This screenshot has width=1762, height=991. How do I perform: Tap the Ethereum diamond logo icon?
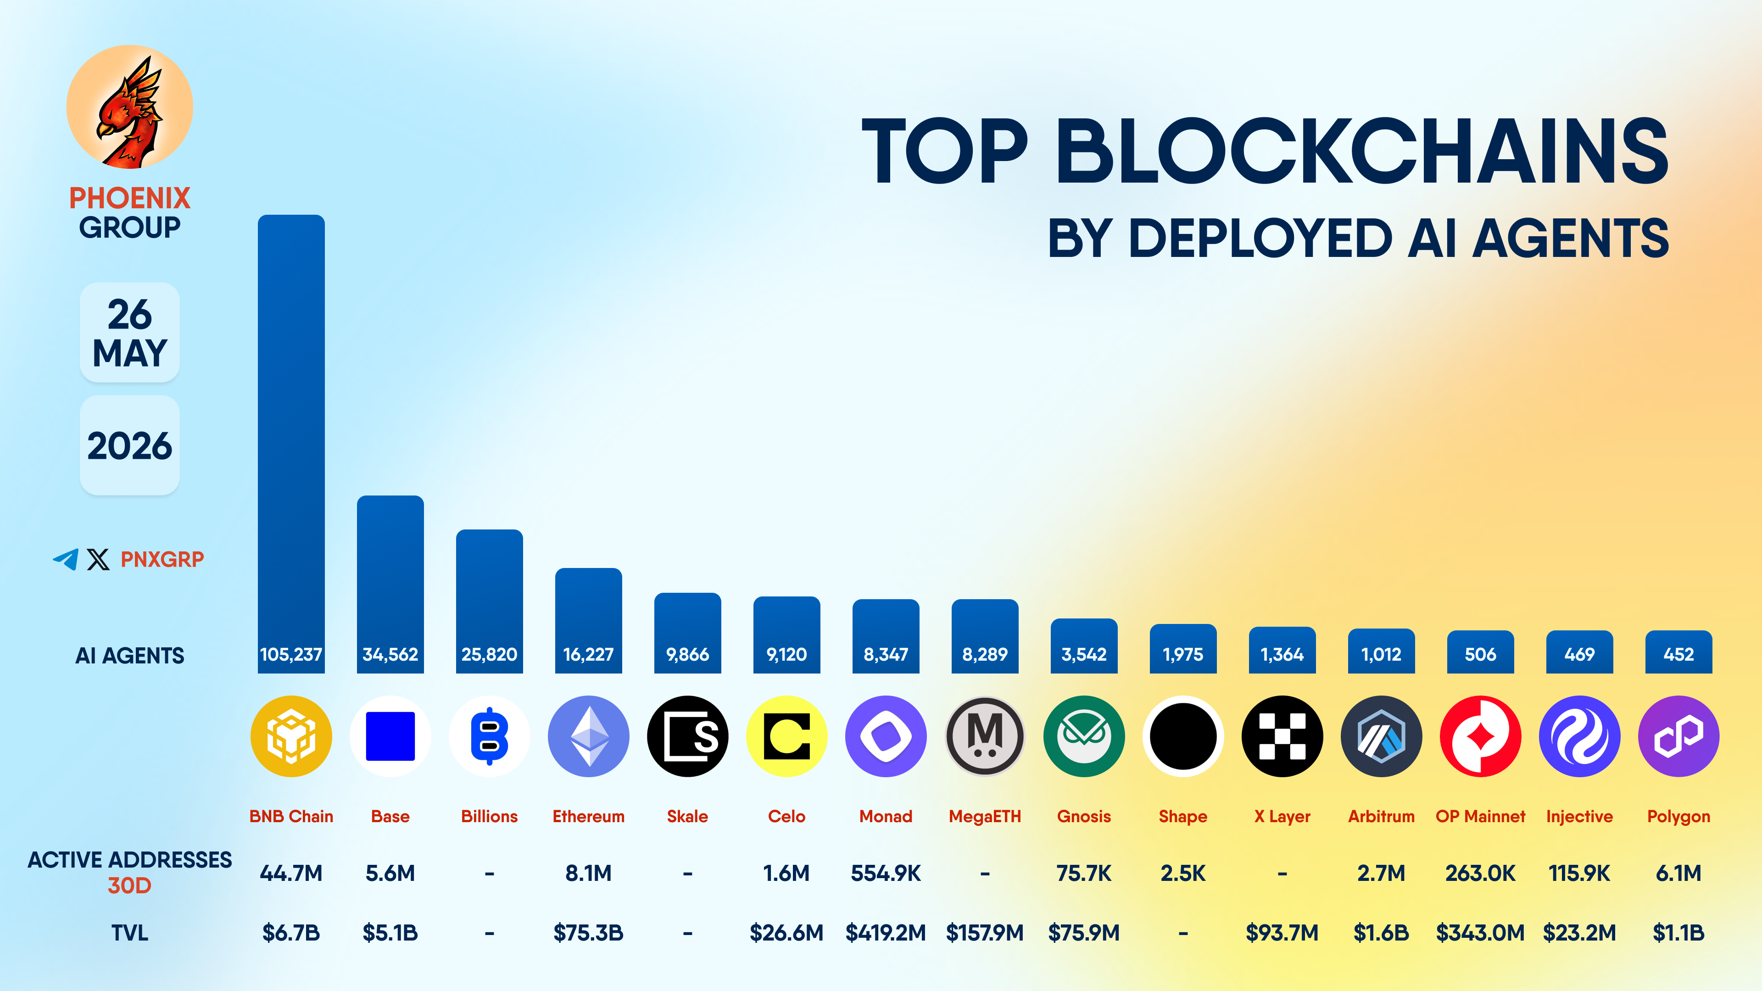pyautogui.click(x=588, y=736)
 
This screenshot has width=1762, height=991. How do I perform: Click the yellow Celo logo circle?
pyautogui.click(x=786, y=736)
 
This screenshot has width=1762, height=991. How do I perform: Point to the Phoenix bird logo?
pyautogui.click(x=129, y=107)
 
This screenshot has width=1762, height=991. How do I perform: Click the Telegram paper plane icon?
pyautogui.click(x=66, y=559)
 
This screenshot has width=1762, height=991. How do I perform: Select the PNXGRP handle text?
pyautogui.click(x=162, y=559)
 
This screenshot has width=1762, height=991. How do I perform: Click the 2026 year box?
pyautogui.click(x=130, y=445)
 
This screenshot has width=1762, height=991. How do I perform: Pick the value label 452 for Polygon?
pyautogui.click(x=1678, y=655)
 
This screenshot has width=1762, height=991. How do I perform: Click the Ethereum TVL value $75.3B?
pyautogui.click(x=588, y=932)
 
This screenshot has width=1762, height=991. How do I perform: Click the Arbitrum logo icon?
pyautogui.click(x=1381, y=736)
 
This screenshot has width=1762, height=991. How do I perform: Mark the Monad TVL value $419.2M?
pyautogui.click(x=886, y=932)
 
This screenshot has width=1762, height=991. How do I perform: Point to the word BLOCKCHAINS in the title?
pyautogui.click(x=1362, y=150)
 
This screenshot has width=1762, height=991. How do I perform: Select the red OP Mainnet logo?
pyautogui.click(x=1480, y=736)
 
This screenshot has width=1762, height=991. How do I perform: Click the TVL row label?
pyautogui.click(x=130, y=932)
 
